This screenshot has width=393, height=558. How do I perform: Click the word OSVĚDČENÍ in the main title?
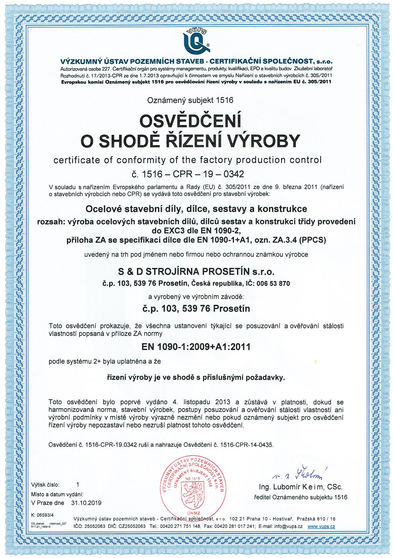pyautogui.click(x=190, y=122)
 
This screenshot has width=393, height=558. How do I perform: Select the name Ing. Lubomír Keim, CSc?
pyautogui.click(x=300, y=487)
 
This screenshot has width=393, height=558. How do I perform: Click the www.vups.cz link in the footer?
pyautogui.click(x=321, y=526)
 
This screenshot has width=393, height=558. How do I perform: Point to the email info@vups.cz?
pyautogui.click(x=285, y=526)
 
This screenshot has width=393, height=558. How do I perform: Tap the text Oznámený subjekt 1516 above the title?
pyautogui.click(x=190, y=100)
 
